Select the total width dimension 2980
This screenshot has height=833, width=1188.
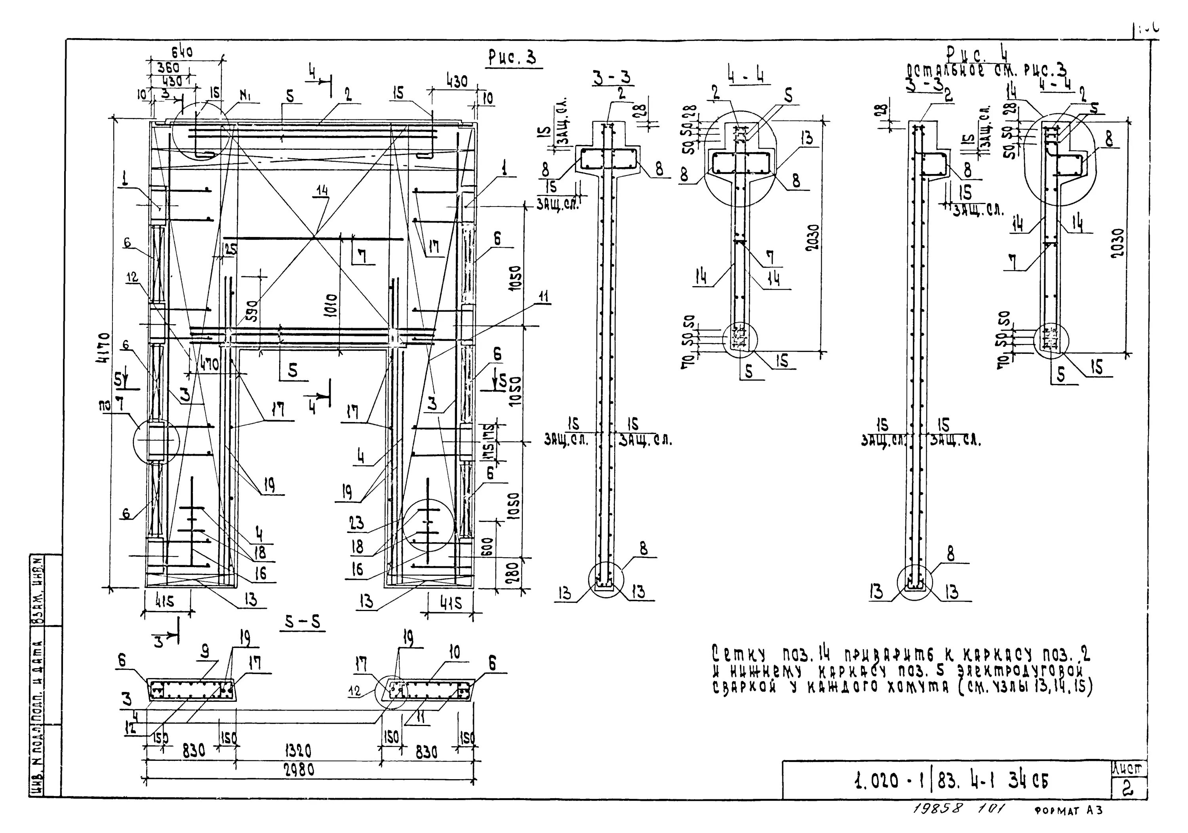point(299,770)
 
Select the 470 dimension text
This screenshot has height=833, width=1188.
point(208,365)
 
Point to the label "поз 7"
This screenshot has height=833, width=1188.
point(111,405)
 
